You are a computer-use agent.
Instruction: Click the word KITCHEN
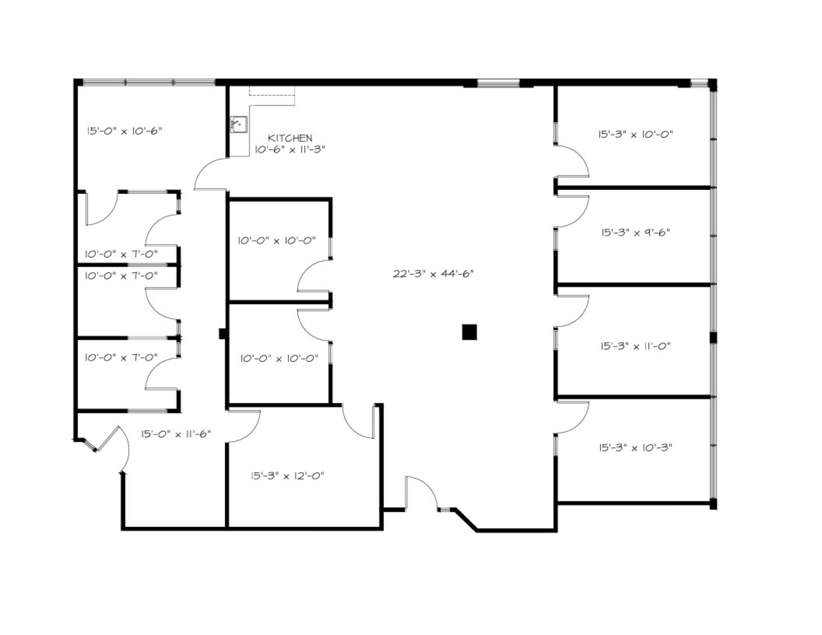[290, 138]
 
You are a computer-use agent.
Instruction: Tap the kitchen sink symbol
[238, 124]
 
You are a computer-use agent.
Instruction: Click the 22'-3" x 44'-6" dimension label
[433, 274]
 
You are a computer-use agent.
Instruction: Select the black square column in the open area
[469, 332]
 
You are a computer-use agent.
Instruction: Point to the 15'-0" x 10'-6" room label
[125, 131]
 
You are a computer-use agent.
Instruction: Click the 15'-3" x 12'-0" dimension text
[287, 476]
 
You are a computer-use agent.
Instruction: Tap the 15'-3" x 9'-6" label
[636, 233]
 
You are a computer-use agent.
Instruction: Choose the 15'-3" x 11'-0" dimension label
[636, 346]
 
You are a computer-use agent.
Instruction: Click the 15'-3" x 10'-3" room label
[636, 447]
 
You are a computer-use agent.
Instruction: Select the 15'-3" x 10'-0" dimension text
[636, 134]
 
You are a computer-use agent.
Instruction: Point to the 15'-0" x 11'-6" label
[176, 434]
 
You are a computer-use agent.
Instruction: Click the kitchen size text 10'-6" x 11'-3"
[290, 149]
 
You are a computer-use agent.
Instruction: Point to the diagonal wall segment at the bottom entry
[466, 520]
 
